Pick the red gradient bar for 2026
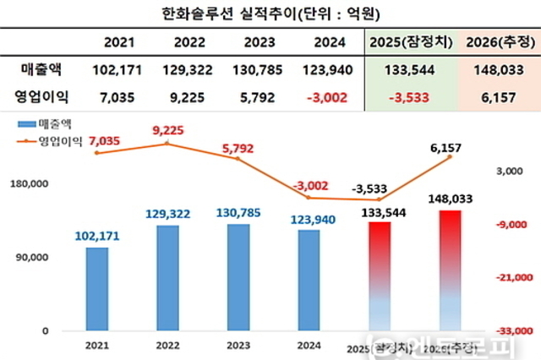(x=450, y=270)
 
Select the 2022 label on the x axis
(x=167, y=344)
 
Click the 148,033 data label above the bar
(x=450, y=199)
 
